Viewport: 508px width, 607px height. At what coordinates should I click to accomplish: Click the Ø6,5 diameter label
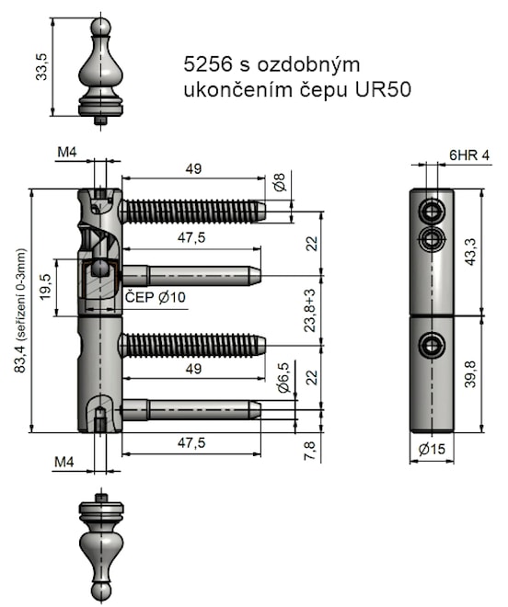283,378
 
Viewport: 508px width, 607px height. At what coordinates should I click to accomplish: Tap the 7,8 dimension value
310,451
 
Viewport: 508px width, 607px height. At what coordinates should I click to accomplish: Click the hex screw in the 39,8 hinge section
431,346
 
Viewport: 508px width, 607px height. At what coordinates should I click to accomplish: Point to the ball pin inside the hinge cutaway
98,269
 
